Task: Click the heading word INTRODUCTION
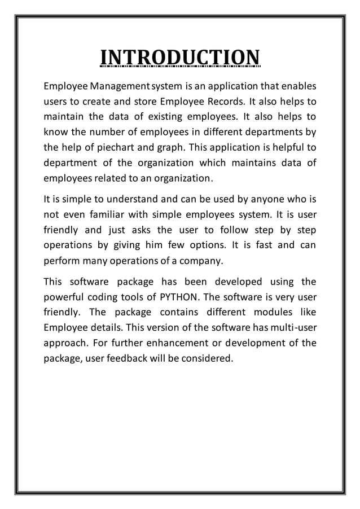(x=179, y=58)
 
